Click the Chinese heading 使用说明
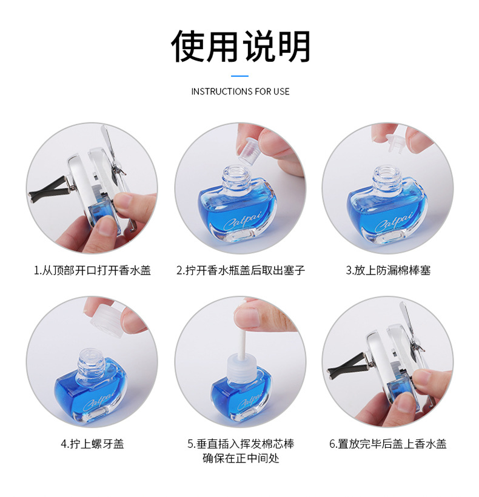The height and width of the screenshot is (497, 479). tap(240, 47)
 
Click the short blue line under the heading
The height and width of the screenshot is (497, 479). tap(239, 76)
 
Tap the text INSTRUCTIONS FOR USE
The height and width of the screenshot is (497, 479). tap(240, 92)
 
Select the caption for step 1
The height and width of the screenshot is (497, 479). tap(92, 270)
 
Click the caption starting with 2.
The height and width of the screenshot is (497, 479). tap(240, 270)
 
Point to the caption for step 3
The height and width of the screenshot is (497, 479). tap(388, 270)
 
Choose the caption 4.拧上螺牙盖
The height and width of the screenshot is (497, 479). tap(92, 444)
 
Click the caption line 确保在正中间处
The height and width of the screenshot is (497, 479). tap(241, 458)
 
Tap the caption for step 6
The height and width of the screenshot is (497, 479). tap(388, 444)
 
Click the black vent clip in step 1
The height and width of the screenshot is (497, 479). tap(51, 190)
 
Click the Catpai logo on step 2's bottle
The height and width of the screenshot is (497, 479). tap(243, 220)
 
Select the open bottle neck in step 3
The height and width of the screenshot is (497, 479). tap(387, 177)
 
